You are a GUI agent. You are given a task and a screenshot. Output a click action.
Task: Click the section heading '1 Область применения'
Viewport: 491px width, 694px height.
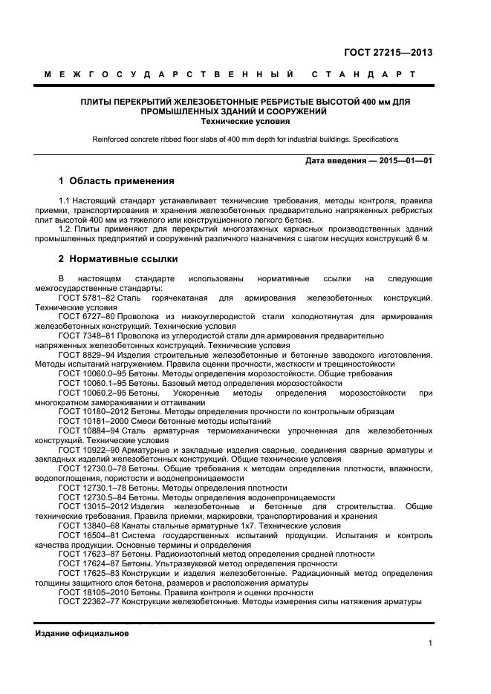(x=117, y=180)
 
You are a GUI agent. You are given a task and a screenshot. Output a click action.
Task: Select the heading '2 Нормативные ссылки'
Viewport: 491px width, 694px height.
(x=118, y=259)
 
